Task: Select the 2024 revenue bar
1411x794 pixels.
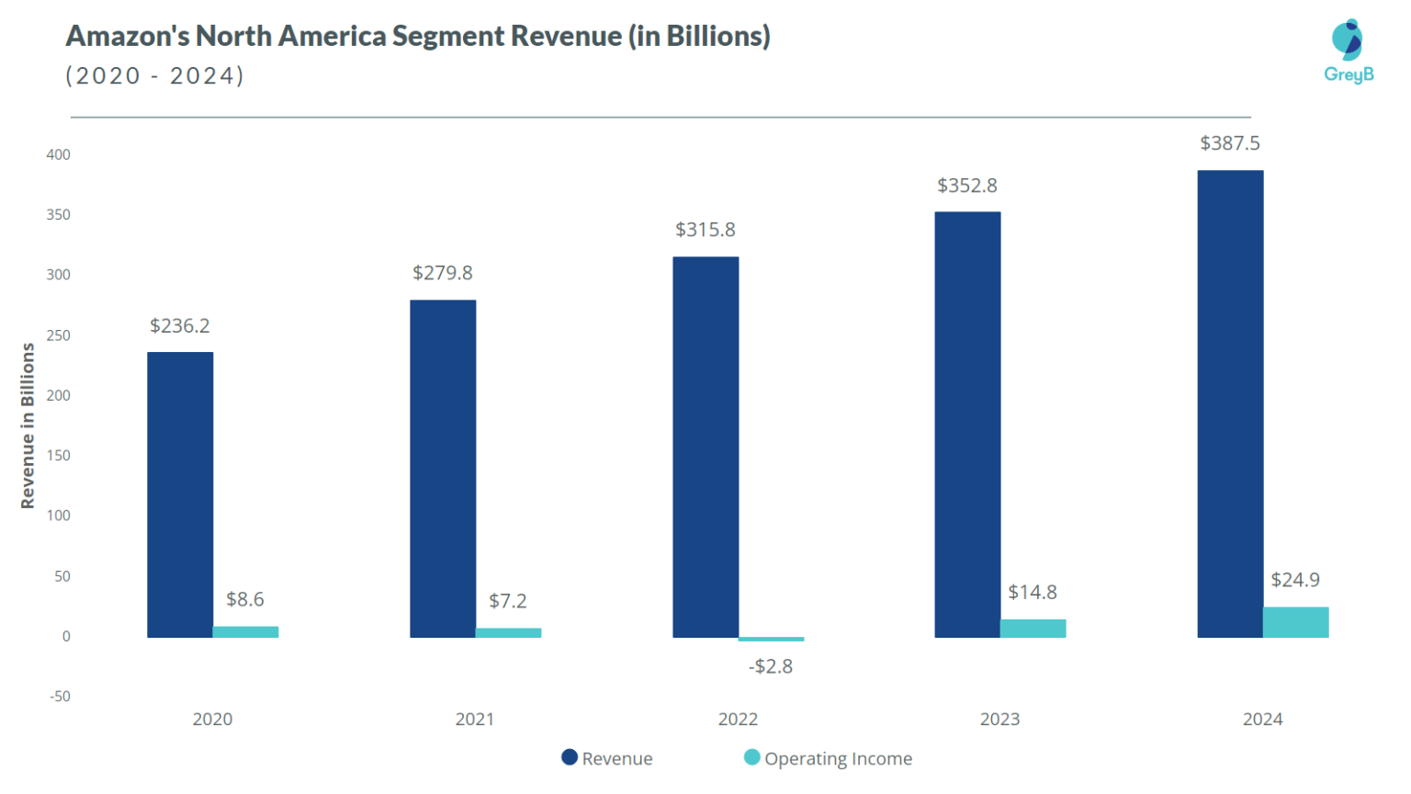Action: click(1230, 403)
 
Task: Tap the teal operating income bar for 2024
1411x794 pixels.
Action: click(1295, 622)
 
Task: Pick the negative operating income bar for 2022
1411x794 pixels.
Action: click(771, 639)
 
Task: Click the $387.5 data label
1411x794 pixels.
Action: click(1229, 143)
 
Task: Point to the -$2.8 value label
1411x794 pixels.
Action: click(770, 666)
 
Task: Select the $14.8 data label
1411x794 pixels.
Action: click(1032, 592)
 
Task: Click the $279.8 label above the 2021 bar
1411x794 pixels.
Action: click(442, 273)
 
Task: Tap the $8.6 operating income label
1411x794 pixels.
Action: click(244, 599)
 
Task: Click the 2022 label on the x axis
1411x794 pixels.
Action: click(738, 720)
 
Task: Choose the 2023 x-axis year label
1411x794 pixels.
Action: click(999, 720)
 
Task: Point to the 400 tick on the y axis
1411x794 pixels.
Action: click(58, 154)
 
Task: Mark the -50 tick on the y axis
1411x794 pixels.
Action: click(60, 697)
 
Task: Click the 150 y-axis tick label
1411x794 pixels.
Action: click(58, 456)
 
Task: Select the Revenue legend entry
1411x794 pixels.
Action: click(607, 758)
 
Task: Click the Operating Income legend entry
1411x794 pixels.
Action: click(828, 758)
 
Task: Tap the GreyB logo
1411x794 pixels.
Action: click(1348, 51)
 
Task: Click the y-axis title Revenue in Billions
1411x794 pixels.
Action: click(28, 425)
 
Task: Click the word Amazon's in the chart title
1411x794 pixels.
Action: click(128, 36)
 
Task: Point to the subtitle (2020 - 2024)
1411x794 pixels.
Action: click(154, 75)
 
